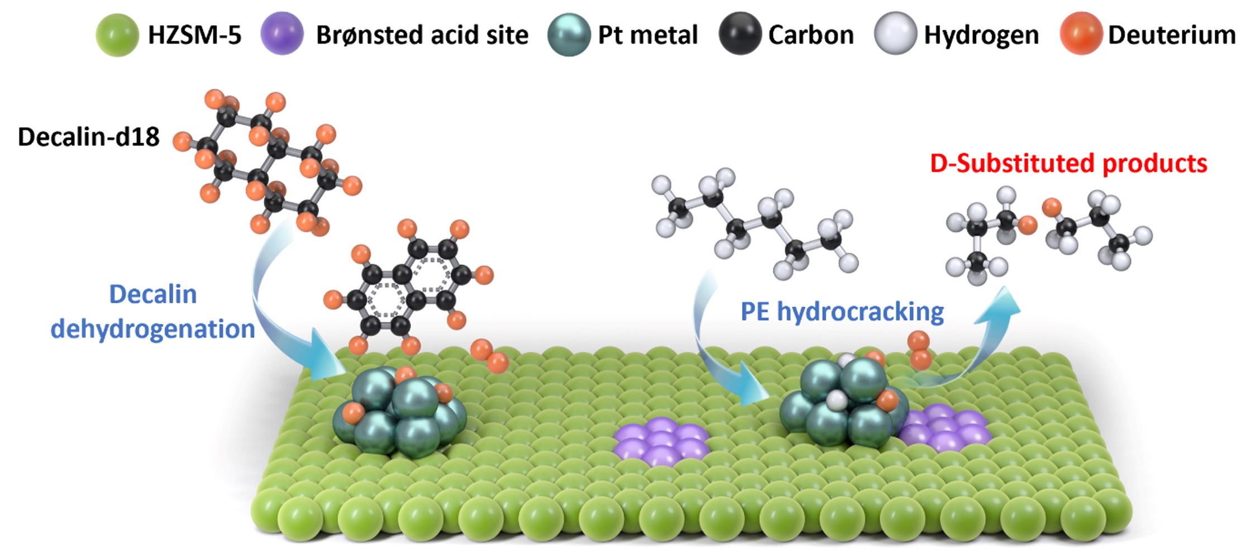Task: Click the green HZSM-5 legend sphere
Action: [117, 35]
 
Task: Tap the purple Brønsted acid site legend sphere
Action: [282, 34]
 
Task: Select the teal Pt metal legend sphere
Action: [569, 35]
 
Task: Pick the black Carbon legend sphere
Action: [740, 34]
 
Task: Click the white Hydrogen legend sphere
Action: [895, 34]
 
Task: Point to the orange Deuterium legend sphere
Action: [1081, 34]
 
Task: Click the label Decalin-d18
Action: [89, 137]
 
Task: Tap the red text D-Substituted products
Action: [1068, 164]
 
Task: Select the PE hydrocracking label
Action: [842, 312]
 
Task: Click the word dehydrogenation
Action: [152, 329]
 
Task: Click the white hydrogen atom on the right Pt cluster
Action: [837, 400]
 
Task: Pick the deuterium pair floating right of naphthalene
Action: [489, 356]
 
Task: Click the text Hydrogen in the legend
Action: [981, 35]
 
